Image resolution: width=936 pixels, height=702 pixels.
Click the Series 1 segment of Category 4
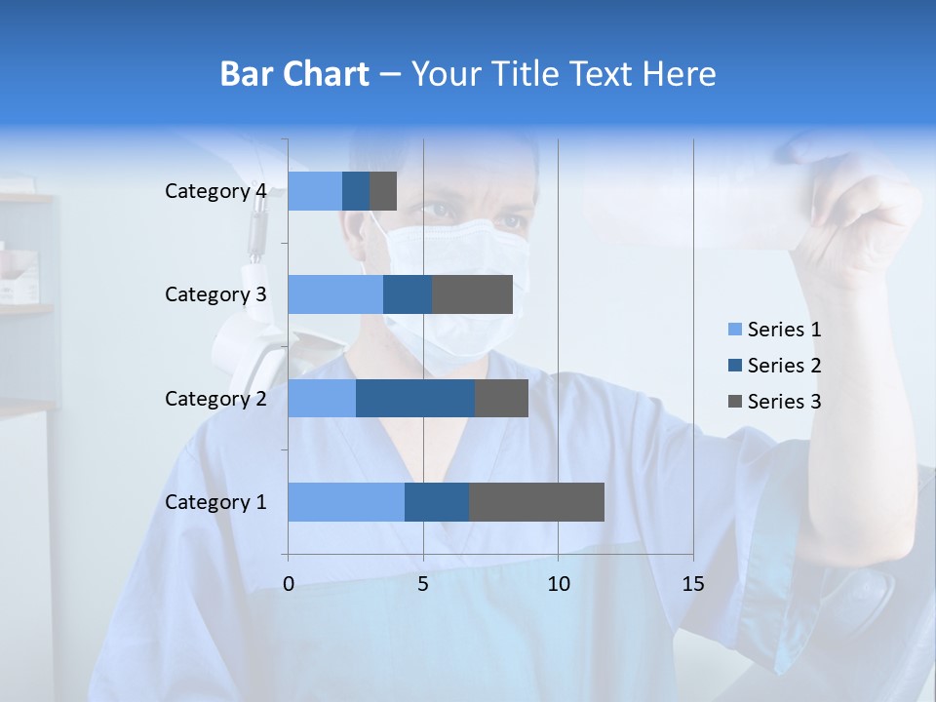315,191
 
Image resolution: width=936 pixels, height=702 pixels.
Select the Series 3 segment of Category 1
536,502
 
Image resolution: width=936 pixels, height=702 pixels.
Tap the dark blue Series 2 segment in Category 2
415,398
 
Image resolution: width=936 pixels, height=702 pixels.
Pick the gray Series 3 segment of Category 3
472,294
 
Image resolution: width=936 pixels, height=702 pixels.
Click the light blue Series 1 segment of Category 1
346,502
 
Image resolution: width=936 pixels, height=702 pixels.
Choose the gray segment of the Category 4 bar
383,191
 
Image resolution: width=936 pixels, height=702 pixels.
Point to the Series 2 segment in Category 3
408,294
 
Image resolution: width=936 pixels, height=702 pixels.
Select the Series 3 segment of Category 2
501,398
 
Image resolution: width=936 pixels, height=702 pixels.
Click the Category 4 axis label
215,191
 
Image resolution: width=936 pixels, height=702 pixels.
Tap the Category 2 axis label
215,398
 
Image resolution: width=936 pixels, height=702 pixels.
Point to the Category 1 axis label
215,502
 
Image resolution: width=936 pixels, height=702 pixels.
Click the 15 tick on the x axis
692,584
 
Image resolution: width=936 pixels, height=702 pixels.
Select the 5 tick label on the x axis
423,584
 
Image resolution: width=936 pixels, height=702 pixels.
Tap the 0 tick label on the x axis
289,584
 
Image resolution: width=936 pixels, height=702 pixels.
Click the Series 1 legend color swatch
734,330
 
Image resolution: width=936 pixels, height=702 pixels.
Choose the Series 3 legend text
784,402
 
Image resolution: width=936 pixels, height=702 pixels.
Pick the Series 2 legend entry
774,366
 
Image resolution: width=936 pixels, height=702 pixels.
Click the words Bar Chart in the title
293,74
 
